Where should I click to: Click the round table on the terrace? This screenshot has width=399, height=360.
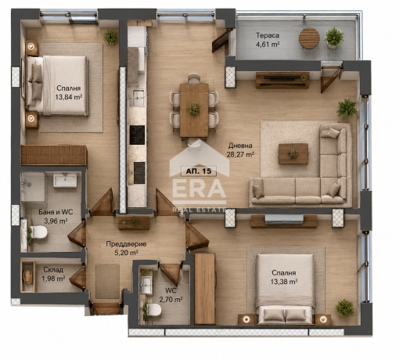(309, 38)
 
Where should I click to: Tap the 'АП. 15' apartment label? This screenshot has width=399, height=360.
(199, 171)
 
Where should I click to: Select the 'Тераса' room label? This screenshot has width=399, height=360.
(268, 35)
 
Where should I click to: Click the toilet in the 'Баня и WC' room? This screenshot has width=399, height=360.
(38, 232)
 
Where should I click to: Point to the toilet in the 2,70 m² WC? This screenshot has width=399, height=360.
(154, 310)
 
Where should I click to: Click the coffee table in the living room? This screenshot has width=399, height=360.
(293, 153)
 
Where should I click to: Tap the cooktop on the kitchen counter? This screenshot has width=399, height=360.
(138, 135)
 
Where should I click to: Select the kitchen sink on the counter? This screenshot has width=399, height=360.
(137, 98)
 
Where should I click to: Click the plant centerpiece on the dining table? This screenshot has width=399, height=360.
(194, 109)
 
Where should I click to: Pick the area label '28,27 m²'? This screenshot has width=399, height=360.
(240, 154)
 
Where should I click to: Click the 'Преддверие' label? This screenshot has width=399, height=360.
(126, 244)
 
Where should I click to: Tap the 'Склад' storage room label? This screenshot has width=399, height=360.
(53, 269)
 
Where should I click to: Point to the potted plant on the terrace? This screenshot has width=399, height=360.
(334, 38)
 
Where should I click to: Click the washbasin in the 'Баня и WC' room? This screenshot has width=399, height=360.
(65, 180)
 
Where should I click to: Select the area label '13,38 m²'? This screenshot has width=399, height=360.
(284, 282)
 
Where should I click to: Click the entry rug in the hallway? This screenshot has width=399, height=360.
(107, 282)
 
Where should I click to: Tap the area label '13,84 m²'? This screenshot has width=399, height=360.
(69, 97)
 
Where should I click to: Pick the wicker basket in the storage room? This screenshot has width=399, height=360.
(28, 276)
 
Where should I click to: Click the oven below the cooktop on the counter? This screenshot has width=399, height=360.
(139, 173)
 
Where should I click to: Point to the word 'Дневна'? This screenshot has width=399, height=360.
(240, 146)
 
